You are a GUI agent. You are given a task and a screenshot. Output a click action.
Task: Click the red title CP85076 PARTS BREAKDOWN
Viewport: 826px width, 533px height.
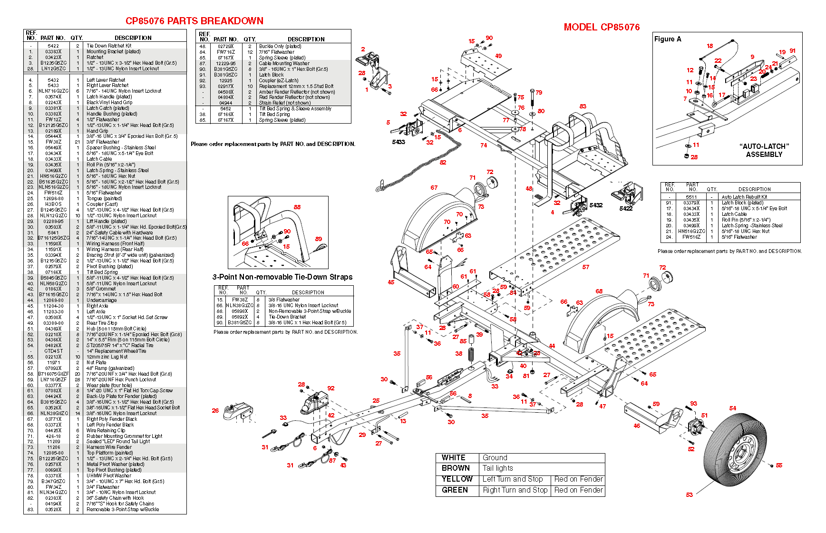click(x=194, y=21)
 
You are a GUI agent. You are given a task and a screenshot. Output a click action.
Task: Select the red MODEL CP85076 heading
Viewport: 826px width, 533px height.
click(x=602, y=27)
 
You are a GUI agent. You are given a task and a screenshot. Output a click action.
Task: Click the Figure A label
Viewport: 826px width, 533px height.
click(x=668, y=39)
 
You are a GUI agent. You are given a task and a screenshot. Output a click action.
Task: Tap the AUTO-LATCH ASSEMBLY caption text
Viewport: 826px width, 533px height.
click(x=764, y=150)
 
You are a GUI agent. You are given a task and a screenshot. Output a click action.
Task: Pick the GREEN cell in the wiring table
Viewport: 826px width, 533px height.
click(x=455, y=490)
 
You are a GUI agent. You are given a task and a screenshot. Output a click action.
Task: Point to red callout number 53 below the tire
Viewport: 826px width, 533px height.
click(x=689, y=495)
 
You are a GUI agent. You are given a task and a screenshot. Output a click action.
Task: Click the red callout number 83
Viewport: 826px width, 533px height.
click(x=583, y=107)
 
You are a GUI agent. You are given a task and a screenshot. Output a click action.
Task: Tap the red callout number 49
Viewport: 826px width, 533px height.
click(x=498, y=56)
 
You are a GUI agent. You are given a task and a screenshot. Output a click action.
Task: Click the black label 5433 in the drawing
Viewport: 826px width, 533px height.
click(x=398, y=142)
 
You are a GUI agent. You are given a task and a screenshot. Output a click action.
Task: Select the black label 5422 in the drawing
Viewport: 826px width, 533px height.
click(x=626, y=208)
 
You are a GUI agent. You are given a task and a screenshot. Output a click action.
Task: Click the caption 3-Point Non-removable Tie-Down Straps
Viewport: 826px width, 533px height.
click(x=282, y=277)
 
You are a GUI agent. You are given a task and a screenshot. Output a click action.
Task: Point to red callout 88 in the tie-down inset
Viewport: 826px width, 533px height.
click(x=297, y=207)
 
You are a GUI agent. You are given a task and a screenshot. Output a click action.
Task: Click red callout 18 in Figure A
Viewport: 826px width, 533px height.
click(x=709, y=46)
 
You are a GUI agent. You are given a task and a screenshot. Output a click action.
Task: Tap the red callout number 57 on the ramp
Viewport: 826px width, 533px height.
click(x=585, y=267)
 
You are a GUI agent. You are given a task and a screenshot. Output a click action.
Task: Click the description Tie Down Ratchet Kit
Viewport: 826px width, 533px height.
click(x=109, y=46)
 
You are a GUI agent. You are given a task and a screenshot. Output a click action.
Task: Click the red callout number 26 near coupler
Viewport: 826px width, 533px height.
click(x=215, y=410)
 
